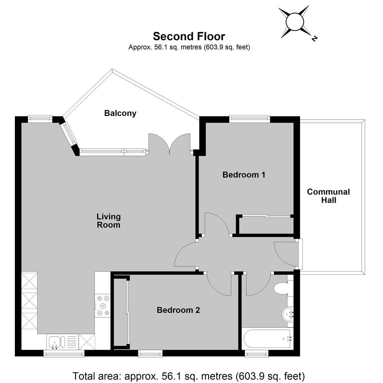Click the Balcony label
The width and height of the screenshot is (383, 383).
point(120,113)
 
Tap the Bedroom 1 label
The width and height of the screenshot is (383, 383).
point(244,174)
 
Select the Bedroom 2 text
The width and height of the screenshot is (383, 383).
point(178,310)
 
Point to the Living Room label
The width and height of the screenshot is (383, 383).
point(109,221)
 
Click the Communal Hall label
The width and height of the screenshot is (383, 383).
point(328,196)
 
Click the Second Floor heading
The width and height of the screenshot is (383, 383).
point(189,37)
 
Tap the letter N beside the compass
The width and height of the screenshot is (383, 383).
point(314,38)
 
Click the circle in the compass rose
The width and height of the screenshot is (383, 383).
point(295,22)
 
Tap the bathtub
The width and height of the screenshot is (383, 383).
point(267,339)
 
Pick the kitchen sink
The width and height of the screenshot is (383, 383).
point(57,342)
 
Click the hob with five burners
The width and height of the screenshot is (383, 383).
point(103,306)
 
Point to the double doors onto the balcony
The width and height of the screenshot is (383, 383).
point(170,144)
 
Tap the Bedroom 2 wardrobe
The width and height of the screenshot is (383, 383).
point(121,312)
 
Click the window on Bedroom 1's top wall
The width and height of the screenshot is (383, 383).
point(250,119)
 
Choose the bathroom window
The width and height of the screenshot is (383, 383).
point(257,353)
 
